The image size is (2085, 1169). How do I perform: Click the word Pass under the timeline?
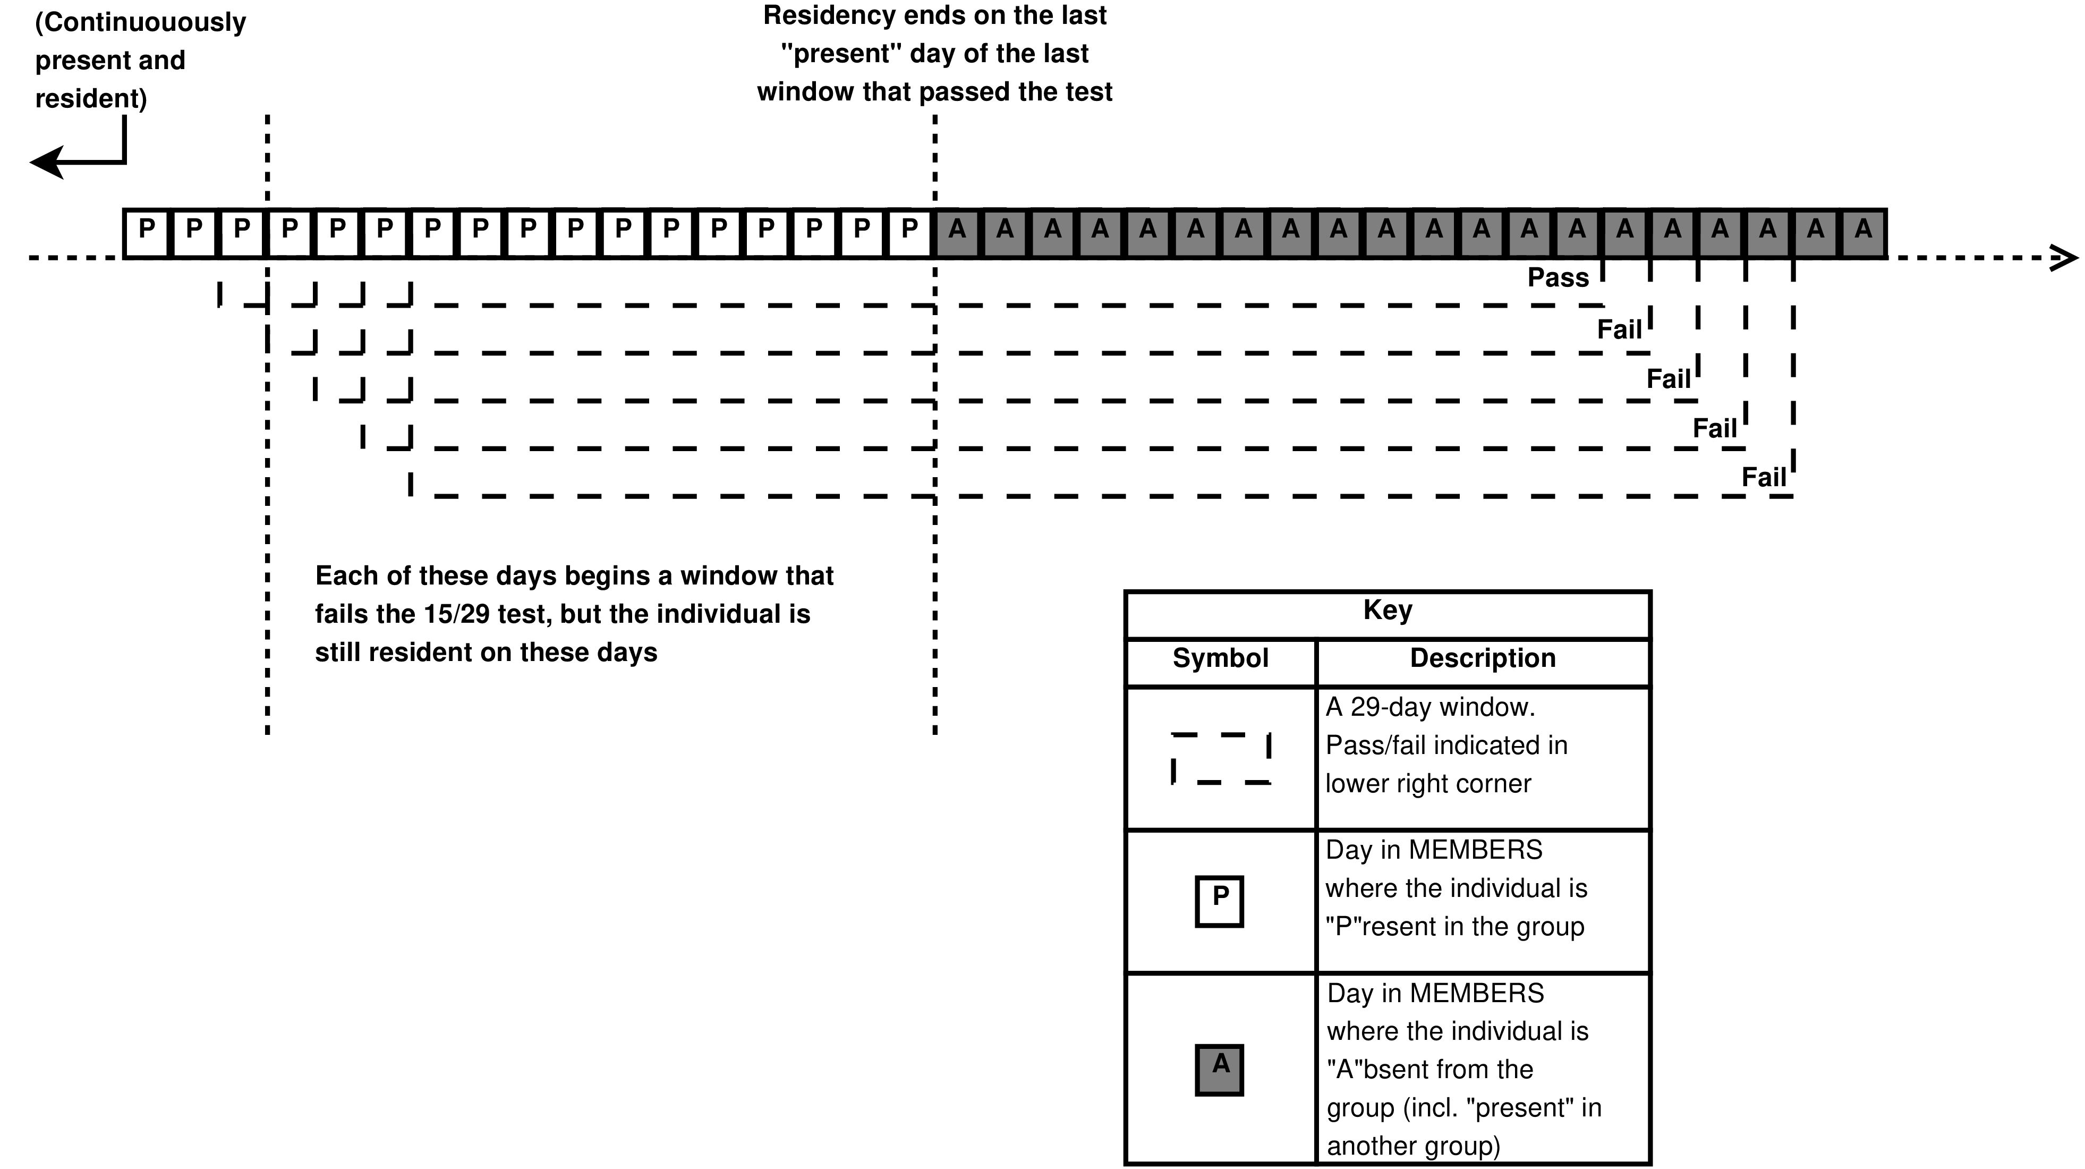coord(1558,278)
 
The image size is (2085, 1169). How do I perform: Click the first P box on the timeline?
coord(147,233)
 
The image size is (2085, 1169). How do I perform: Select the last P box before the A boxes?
coord(910,233)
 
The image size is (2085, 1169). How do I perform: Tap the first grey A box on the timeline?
coord(958,233)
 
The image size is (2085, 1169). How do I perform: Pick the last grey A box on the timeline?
coord(1863,233)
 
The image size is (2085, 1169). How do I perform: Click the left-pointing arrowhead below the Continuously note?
coord(47,163)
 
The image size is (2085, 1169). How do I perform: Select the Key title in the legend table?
coord(1388,609)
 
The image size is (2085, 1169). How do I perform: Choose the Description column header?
coord(1483,658)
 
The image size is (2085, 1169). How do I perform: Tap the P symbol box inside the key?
coord(1220,901)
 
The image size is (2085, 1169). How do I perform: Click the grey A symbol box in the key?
coord(1220,1070)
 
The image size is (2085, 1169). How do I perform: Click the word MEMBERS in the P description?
coord(1476,850)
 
